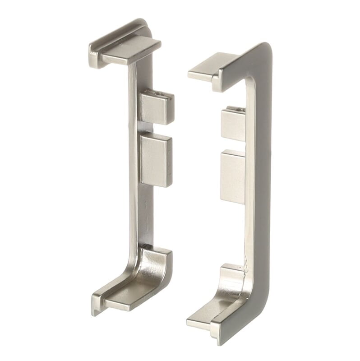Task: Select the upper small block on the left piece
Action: pos(156,108)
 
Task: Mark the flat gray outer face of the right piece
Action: pos(262,180)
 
